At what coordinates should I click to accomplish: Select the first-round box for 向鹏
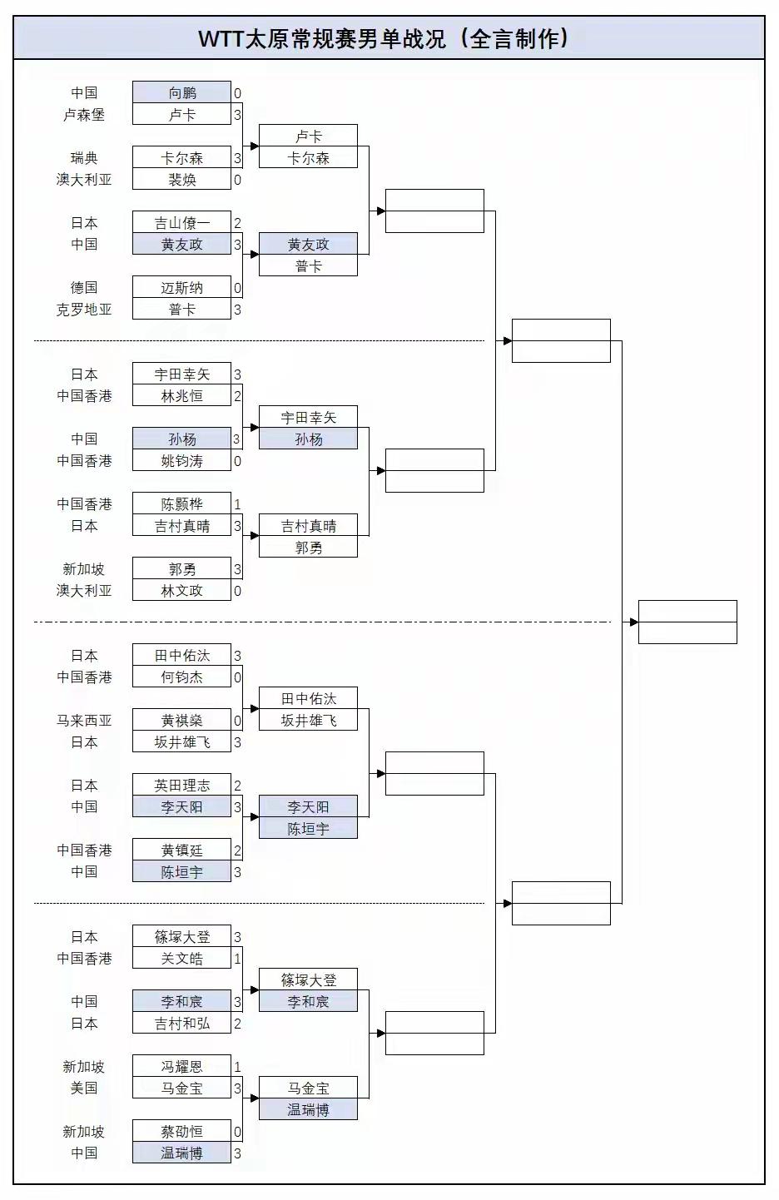click(181, 92)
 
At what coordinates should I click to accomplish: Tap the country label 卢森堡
click(84, 115)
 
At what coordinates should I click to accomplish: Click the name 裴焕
click(181, 179)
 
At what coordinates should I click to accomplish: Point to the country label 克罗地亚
click(84, 310)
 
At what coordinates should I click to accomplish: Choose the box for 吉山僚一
click(181, 222)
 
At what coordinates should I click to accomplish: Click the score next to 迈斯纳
click(237, 288)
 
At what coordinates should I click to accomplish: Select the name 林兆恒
click(181, 396)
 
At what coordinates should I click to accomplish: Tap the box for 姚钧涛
click(181, 461)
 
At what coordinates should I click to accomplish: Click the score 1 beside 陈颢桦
click(237, 504)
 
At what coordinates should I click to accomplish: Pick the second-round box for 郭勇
click(308, 548)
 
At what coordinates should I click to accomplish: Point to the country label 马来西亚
click(84, 721)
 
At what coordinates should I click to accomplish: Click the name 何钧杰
click(181, 677)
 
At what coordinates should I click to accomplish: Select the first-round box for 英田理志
click(181, 785)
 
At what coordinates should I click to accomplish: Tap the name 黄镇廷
click(181, 850)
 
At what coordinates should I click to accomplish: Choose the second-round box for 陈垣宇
click(308, 829)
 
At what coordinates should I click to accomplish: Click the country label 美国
click(84, 1088)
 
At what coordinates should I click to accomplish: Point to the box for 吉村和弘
click(181, 1024)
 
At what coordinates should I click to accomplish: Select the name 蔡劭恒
click(181, 1131)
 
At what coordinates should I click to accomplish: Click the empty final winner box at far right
click(687, 622)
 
